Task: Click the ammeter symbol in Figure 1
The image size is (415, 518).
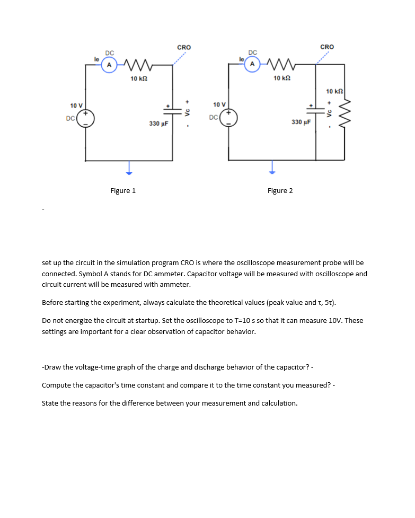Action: (109, 65)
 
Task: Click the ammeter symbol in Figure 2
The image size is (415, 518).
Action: (252, 64)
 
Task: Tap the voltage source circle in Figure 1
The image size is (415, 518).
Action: (86, 118)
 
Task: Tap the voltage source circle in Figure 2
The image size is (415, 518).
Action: (229, 117)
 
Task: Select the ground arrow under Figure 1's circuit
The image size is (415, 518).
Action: (128, 169)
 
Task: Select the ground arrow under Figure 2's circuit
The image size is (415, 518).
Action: (271, 169)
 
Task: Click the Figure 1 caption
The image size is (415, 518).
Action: (123, 191)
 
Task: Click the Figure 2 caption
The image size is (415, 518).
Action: (280, 191)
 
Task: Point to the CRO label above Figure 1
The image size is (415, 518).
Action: (184, 48)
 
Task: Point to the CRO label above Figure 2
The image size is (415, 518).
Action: (327, 47)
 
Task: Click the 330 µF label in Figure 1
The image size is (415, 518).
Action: (158, 124)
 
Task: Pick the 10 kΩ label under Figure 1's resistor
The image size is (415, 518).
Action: (139, 79)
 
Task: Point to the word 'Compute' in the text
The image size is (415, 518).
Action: (57, 385)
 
